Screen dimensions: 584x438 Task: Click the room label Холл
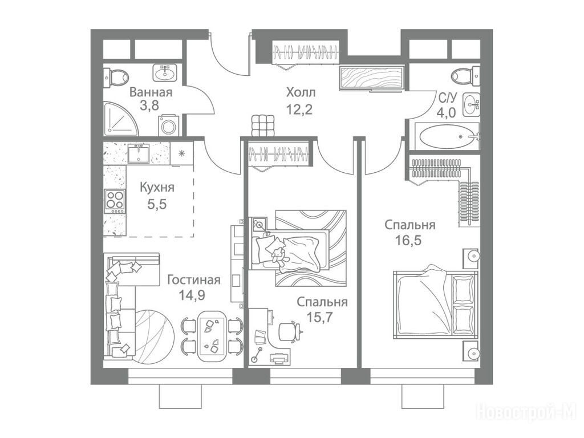301,92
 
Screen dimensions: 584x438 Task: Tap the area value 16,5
408,241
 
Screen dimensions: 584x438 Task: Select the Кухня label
157,187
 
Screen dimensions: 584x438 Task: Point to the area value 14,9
192,295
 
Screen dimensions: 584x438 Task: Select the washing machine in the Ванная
168,125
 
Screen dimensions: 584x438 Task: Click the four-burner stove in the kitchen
115,201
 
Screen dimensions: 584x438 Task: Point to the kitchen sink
139,153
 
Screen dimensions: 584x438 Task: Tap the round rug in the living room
153,336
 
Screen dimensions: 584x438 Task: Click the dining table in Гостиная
211,336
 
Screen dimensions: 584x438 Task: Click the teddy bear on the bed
278,256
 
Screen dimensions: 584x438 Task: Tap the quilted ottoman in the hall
263,125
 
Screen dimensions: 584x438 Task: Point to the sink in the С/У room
471,105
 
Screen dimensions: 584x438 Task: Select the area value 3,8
149,106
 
